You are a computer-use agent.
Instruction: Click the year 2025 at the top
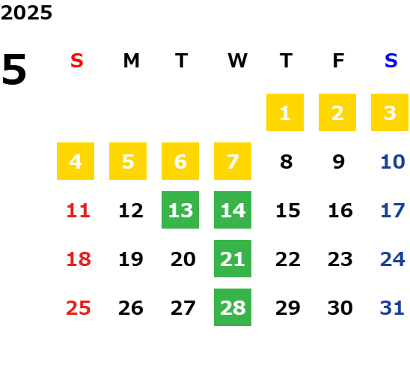click(x=26, y=13)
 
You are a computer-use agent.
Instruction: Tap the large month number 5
click(x=14, y=69)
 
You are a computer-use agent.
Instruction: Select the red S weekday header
click(x=77, y=61)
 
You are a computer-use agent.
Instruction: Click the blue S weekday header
click(x=391, y=61)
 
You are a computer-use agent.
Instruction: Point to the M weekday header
click(x=131, y=61)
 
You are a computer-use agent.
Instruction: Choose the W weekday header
click(x=237, y=61)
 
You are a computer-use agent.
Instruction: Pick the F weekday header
click(x=339, y=61)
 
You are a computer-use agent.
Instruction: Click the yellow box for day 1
click(x=285, y=112)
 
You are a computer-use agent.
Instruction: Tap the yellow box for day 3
click(x=390, y=112)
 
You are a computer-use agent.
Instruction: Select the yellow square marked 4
click(x=76, y=161)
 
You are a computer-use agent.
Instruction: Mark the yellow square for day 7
click(x=233, y=161)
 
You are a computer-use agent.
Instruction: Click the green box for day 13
click(x=180, y=210)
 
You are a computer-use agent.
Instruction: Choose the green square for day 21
click(x=233, y=259)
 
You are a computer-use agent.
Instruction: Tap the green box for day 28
click(x=233, y=307)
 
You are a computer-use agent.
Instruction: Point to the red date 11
click(x=79, y=211)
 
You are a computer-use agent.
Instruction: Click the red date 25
click(x=79, y=308)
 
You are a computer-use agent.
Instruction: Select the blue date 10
click(x=393, y=162)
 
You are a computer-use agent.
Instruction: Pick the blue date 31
click(x=392, y=308)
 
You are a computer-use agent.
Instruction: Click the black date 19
click(x=131, y=259)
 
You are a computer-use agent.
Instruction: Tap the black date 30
click(x=340, y=308)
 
